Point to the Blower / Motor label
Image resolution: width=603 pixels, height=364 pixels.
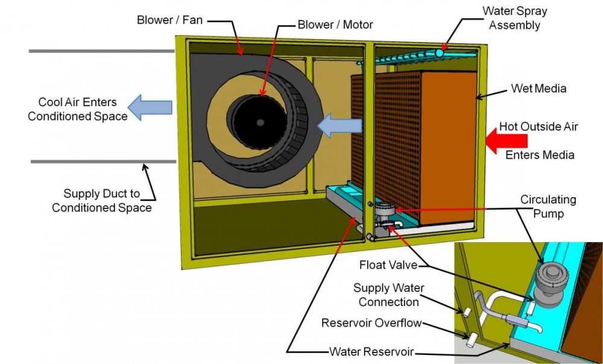pyautogui.click(x=335, y=25)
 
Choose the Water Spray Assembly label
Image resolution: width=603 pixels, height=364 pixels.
pyautogui.click(x=514, y=18)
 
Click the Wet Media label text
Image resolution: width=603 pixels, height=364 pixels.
pyautogui.click(x=538, y=89)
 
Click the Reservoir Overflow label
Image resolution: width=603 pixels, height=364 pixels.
pyautogui.click(x=371, y=323)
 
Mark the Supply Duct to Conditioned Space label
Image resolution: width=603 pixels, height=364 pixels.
pyautogui.click(x=101, y=201)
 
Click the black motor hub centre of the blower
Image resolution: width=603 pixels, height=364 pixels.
pyautogui.click(x=260, y=122)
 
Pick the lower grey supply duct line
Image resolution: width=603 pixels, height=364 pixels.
pyautogui.click(x=103, y=162)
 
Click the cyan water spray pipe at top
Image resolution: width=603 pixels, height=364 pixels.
pyautogui.click(x=422, y=55)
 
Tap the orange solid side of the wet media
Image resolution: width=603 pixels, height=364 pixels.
pyautogui.click(x=449, y=145)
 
